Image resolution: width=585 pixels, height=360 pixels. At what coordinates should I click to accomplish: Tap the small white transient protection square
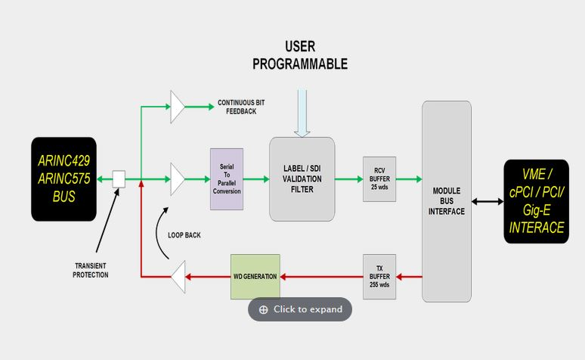tap(119, 179)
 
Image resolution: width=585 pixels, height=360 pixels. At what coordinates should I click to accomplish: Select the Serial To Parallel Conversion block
tap(227, 179)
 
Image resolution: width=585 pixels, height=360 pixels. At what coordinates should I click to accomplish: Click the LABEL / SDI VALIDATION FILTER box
tap(302, 179)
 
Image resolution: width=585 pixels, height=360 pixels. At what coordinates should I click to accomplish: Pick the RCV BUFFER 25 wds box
tap(379, 179)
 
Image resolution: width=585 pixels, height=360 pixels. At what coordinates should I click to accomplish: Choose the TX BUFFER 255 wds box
tap(379, 277)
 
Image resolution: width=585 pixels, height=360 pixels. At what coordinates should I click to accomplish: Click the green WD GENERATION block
tap(255, 277)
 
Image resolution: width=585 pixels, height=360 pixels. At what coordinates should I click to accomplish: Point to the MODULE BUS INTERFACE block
tap(446, 201)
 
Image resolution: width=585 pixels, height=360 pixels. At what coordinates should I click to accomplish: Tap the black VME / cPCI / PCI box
tap(537, 201)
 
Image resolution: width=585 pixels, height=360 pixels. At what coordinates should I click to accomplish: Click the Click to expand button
tap(300, 309)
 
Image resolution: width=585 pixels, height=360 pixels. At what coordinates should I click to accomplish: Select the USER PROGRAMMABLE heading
tap(300, 55)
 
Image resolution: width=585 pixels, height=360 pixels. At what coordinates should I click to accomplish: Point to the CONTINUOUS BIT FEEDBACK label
tap(241, 107)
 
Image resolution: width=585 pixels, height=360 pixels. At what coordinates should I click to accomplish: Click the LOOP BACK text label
tap(184, 235)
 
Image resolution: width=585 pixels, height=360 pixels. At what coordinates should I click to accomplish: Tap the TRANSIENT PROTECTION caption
tap(91, 270)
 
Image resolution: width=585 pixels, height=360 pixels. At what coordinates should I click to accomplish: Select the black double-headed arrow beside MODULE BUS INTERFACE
tap(487, 201)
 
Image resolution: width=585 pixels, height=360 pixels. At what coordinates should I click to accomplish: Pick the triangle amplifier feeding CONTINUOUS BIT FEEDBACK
tap(178, 107)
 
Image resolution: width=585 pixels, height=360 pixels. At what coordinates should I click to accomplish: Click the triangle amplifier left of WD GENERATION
tap(178, 277)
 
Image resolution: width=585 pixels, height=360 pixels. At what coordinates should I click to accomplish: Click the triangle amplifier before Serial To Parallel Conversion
tap(178, 179)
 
